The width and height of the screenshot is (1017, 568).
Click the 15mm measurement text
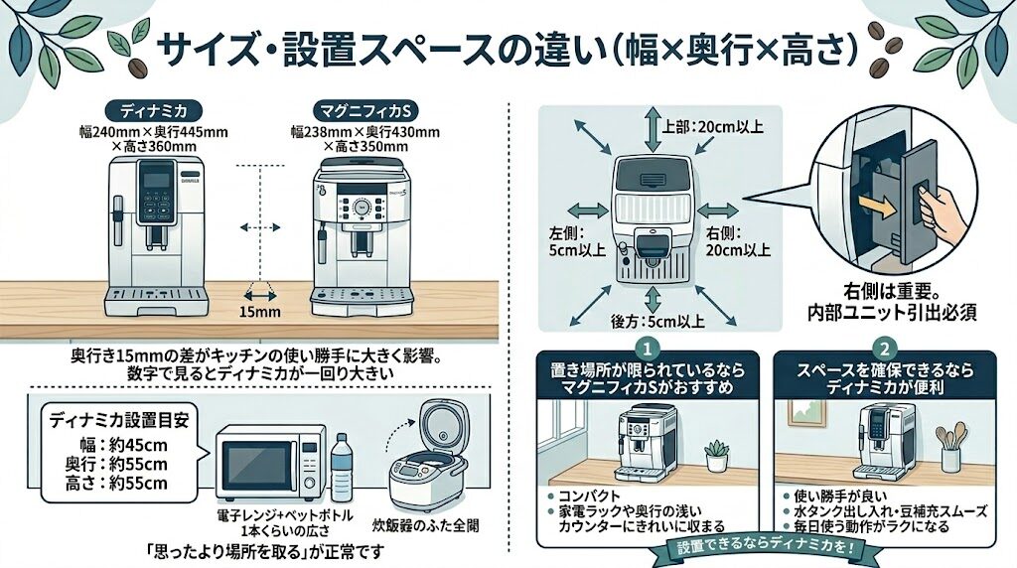coord(262,311)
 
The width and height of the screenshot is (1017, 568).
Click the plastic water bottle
coord(341,468)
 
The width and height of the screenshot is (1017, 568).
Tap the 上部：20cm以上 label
coord(699,126)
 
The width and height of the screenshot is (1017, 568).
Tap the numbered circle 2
coord(882,350)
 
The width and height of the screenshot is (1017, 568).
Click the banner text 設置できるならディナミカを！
coord(765,547)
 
